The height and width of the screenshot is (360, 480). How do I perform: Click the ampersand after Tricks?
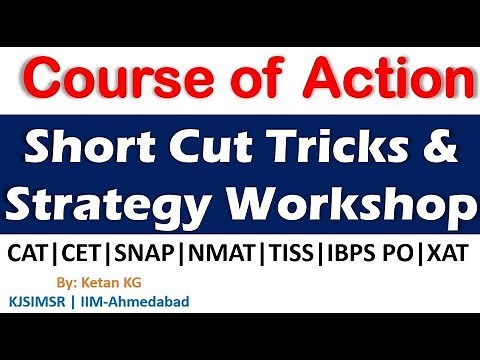tap(441, 151)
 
